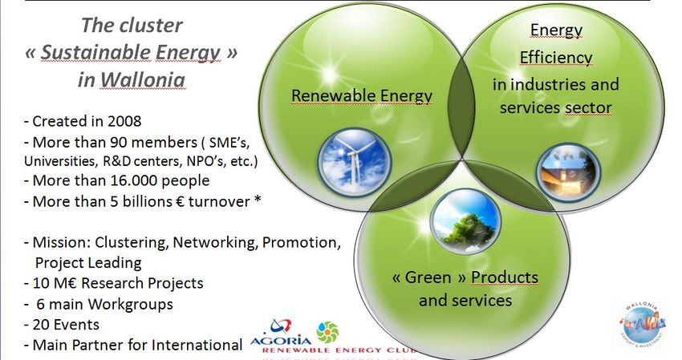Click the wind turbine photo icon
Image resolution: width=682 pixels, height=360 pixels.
pos(354,162)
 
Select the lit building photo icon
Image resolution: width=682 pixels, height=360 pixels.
pos(568,173)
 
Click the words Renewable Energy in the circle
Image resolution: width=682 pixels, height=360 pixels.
pos(361,96)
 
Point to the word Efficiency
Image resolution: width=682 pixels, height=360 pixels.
pos(556,57)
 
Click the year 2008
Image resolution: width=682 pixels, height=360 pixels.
pos(124,121)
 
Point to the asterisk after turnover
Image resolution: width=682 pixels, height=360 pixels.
pos(258,199)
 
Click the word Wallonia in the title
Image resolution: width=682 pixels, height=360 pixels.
pos(143,80)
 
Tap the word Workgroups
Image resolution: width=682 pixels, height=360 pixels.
pos(131,305)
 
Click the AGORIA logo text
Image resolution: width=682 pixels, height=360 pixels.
pos(281,341)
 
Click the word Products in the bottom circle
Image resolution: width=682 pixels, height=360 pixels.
pos(505,277)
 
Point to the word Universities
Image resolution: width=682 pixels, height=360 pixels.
pos(59,161)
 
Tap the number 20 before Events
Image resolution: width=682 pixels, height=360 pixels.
pos(42,325)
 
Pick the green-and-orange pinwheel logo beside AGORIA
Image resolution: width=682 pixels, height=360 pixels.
pos(327,332)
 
